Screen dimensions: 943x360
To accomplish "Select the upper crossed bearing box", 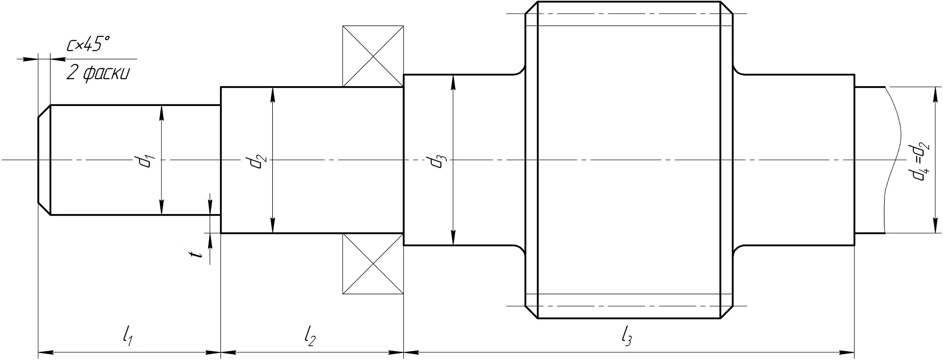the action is [x=373, y=56].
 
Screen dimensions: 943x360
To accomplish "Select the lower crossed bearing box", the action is [x=373, y=264].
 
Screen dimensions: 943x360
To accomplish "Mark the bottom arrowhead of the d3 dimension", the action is [x=453, y=238].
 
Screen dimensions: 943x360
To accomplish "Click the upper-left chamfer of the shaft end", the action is [x=44, y=111].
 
